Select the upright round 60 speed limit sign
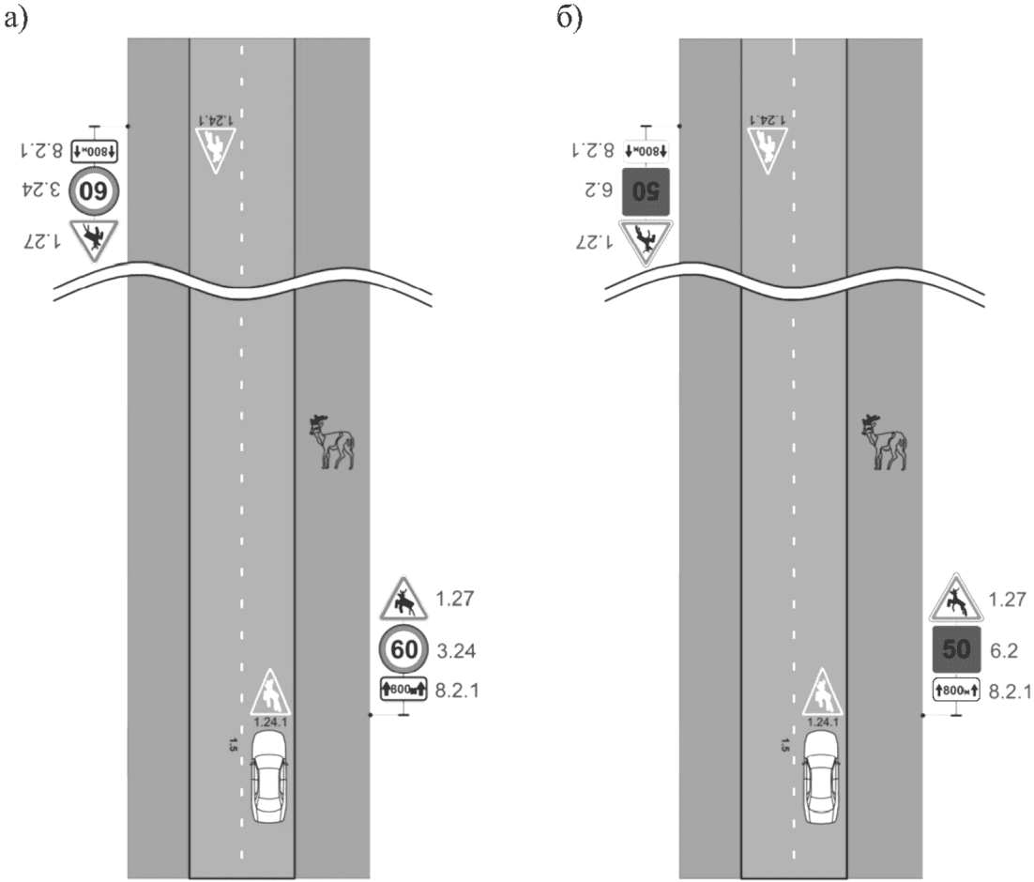(403, 649)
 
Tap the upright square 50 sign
(955, 650)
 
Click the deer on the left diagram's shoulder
(332, 441)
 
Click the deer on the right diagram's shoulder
(884, 441)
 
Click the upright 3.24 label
(456, 651)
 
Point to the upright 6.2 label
(1004, 651)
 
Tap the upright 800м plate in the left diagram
(403, 690)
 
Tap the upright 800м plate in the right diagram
(955, 691)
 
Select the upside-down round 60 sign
(94, 191)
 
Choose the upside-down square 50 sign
(646, 192)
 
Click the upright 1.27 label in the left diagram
(455, 599)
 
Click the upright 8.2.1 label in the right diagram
(1010, 692)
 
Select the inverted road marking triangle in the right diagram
(768, 149)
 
